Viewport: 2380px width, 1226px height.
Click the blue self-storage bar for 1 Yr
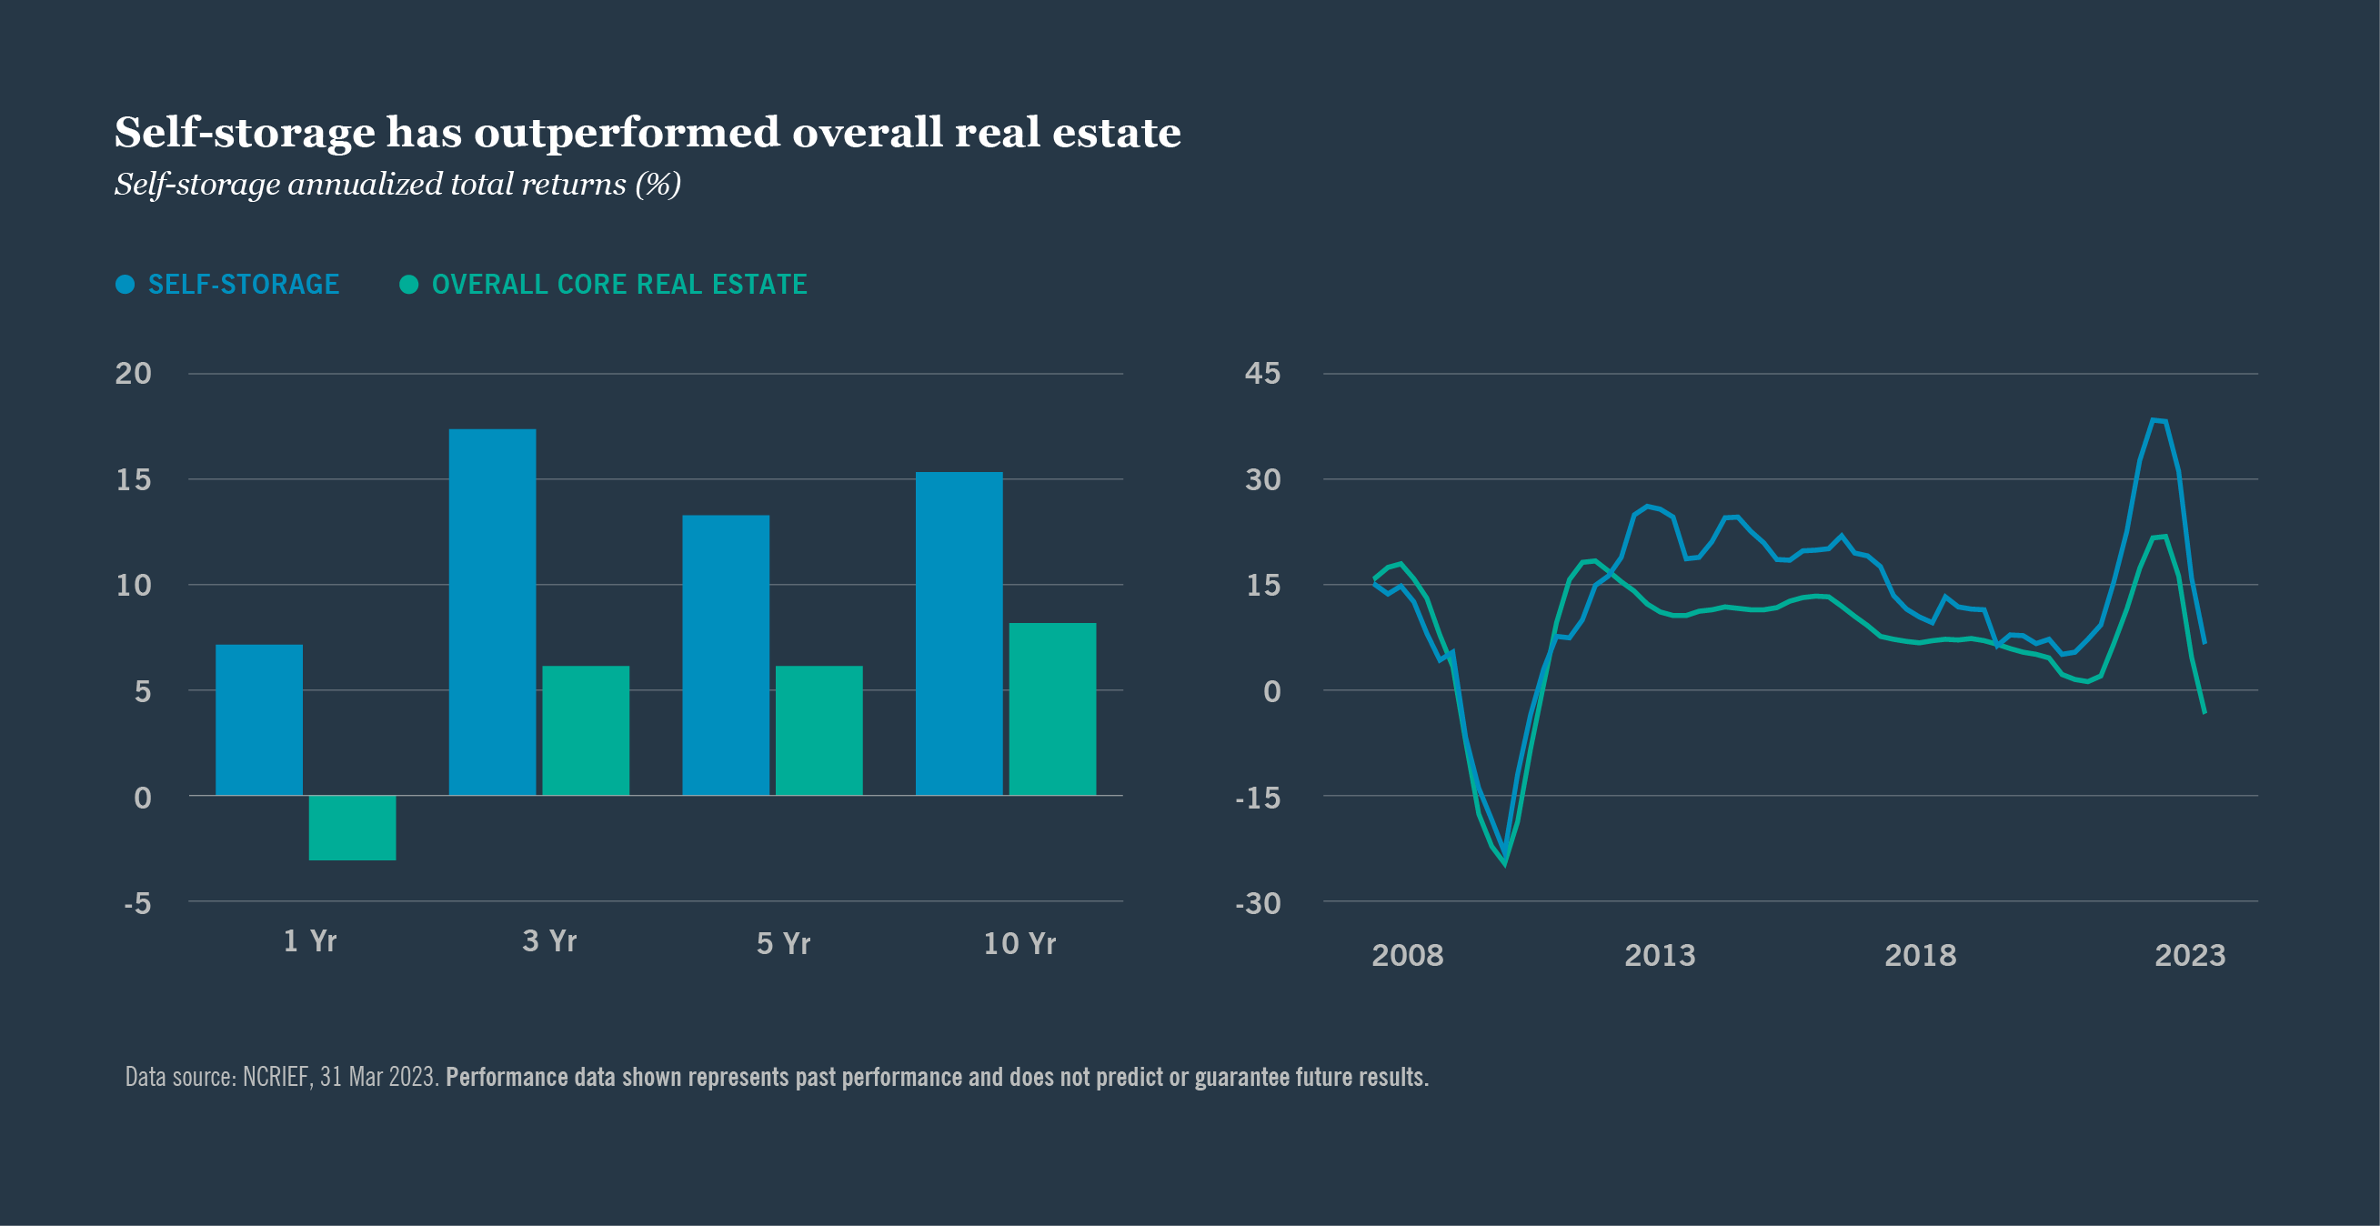tap(258, 719)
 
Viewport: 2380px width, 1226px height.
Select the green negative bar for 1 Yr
tap(352, 828)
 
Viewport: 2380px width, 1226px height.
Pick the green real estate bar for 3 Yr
tap(586, 730)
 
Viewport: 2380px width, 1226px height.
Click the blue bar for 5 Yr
tap(725, 655)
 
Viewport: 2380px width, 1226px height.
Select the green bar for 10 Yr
tap(1052, 708)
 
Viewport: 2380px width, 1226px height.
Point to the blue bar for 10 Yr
tap(959, 634)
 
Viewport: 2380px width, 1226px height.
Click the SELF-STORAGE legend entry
tap(243, 285)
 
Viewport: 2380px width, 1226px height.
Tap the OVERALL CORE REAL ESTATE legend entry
tap(619, 285)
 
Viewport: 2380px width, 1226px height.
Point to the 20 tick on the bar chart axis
tap(133, 374)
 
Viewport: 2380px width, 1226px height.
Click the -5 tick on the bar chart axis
tap(136, 903)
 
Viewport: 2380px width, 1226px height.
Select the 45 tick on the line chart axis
tap(1262, 374)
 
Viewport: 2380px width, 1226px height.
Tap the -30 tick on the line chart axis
tap(1258, 903)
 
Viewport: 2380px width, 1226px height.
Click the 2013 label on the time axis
tap(1660, 955)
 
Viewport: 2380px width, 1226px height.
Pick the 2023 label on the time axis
tap(2190, 955)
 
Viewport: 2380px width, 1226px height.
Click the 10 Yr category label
tap(1019, 943)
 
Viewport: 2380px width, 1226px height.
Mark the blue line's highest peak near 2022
tap(2154, 420)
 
